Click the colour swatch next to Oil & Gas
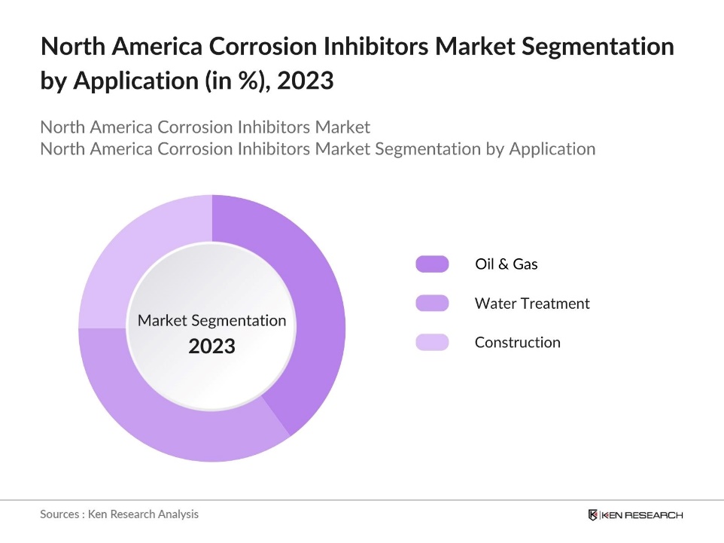click(x=432, y=264)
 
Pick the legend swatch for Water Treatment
click(x=432, y=304)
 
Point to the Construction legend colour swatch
click(x=432, y=343)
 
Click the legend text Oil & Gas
click(x=506, y=264)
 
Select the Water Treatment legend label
click(x=532, y=304)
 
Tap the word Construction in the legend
click(x=517, y=343)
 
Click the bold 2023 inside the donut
click(x=211, y=347)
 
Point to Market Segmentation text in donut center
click(x=211, y=321)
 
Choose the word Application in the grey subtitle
click(x=552, y=149)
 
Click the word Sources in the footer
click(x=61, y=514)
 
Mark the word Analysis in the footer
click(x=178, y=514)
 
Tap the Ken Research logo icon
click(x=593, y=515)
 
